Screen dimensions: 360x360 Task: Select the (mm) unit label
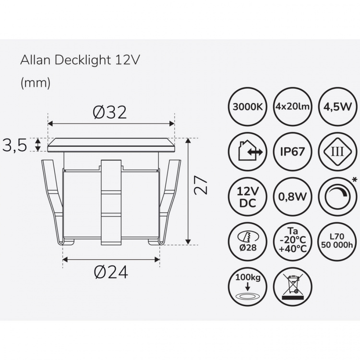point(35,83)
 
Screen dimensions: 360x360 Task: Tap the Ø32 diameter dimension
point(110,112)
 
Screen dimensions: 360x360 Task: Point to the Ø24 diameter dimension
point(111,272)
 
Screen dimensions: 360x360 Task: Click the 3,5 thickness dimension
point(15,145)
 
